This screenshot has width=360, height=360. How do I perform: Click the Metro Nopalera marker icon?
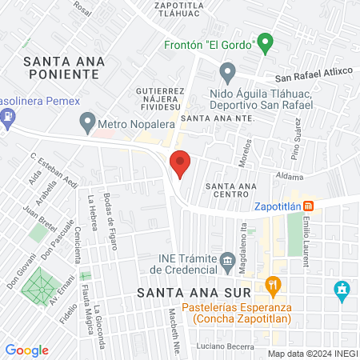[x=87, y=123]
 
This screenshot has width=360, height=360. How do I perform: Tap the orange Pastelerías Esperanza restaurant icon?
[x=273, y=284]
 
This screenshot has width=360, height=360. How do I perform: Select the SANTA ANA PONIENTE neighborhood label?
[x=61, y=66]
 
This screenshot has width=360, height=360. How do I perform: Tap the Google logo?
[x=27, y=350]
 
